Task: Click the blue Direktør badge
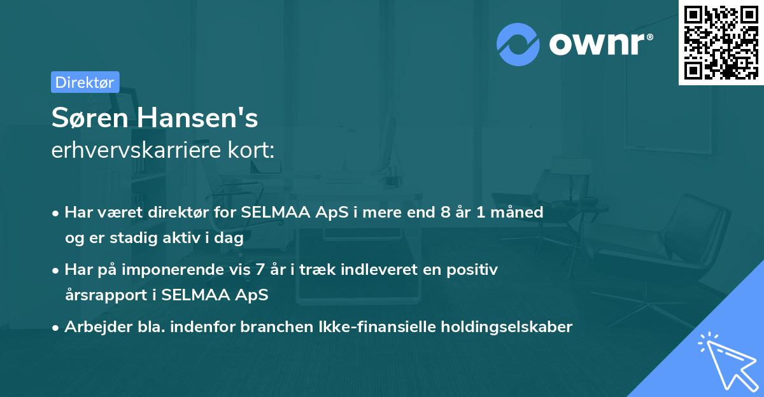85,82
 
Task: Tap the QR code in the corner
721,43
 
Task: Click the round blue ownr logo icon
518,45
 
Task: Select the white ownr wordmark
601,45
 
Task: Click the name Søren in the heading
90,118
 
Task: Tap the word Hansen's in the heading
197,118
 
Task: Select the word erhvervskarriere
136,150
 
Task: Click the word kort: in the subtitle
251,150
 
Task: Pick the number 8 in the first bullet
446,212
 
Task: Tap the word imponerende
173,270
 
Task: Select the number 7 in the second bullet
260,269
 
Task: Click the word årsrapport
106,295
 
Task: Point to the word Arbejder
98,327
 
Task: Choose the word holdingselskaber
507,327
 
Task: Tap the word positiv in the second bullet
472,270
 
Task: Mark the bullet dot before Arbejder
55,328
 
